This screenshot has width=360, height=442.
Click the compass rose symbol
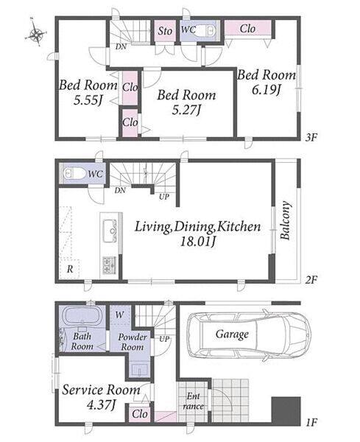(x=36, y=34)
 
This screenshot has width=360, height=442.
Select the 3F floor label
(x=312, y=138)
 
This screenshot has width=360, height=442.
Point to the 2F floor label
(x=312, y=280)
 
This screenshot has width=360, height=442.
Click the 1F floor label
(x=312, y=422)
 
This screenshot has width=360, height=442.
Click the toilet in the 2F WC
(x=74, y=173)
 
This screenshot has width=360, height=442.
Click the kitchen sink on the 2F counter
(x=110, y=231)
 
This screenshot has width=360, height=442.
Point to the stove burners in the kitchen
(x=109, y=265)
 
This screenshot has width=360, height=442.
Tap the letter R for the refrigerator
(x=70, y=269)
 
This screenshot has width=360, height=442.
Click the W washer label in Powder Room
(x=120, y=315)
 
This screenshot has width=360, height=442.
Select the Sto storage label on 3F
(x=165, y=31)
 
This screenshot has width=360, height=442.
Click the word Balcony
(x=285, y=220)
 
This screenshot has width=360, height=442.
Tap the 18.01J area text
(x=198, y=242)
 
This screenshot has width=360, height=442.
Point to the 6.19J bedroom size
(x=267, y=90)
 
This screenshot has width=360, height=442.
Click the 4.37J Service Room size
(x=102, y=405)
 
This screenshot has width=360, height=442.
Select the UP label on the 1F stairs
(x=164, y=339)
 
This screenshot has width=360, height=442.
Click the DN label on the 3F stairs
(x=121, y=46)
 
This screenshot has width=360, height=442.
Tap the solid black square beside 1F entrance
(x=286, y=410)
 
